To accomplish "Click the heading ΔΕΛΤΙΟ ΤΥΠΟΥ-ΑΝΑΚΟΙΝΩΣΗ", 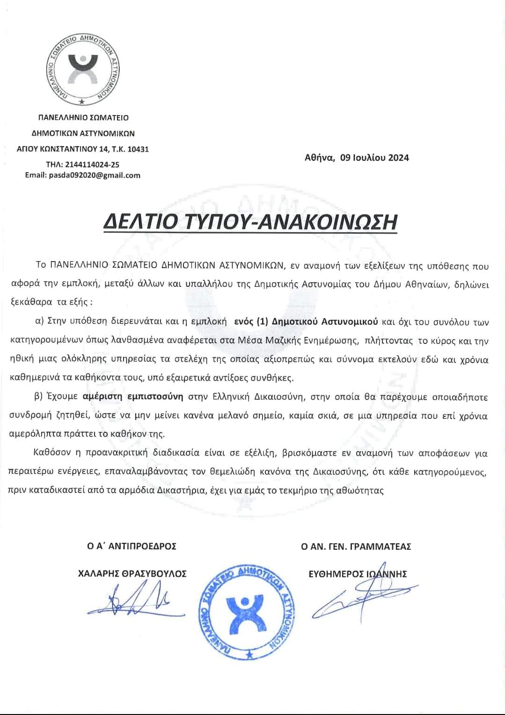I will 250,221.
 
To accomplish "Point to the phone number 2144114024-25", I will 95,165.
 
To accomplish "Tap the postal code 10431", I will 138,149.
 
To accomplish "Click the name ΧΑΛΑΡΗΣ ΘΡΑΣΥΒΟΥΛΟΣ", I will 132,574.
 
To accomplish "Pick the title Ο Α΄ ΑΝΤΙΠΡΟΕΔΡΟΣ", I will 132,546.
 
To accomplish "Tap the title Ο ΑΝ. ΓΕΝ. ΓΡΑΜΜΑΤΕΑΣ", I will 356,546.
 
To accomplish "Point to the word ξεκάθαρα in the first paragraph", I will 27,302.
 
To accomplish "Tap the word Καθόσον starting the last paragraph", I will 50,453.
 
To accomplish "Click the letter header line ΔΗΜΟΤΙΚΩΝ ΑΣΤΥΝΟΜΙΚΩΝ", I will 83,133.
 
